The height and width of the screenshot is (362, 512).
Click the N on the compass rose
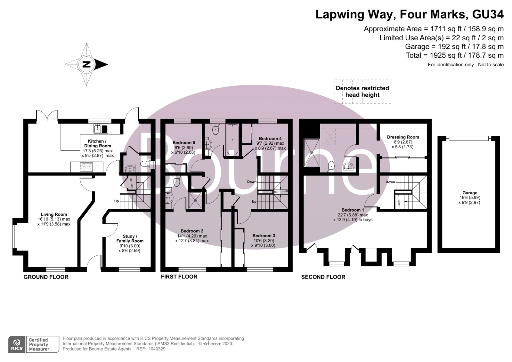pyautogui.click(x=86, y=64)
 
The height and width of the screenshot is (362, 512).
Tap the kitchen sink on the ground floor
pyautogui.click(x=101, y=129)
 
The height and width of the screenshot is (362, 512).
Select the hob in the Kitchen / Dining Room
pyautogui.click(x=86, y=167)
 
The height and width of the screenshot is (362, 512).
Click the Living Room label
pyautogui.click(x=54, y=214)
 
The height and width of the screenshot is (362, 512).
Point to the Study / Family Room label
pyautogui.click(x=130, y=238)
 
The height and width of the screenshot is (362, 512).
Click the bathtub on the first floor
pyautogui.click(x=232, y=140)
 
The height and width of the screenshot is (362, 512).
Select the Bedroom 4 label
pyautogui.click(x=270, y=139)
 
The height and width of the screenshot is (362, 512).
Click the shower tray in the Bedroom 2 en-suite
pyautogui.click(x=195, y=200)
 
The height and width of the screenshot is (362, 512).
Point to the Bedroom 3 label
pyautogui.click(x=264, y=236)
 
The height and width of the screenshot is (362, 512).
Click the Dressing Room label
pyautogui.click(x=403, y=137)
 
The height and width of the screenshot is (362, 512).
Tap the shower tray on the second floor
pyautogui.click(x=312, y=152)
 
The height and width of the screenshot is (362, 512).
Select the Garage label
pyautogui.click(x=470, y=193)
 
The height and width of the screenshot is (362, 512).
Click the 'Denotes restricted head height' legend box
pyautogui.click(x=362, y=92)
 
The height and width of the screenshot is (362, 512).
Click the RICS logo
pyautogui.click(x=17, y=344)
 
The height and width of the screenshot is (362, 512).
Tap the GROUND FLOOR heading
pyautogui.click(x=46, y=277)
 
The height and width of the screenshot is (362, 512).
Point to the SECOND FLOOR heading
pyautogui.click(x=323, y=277)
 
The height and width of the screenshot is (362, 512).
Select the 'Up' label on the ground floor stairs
pyautogui.click(x=117, y=201)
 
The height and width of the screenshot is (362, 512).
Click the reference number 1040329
pyautogui.click(x=157, y=349)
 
